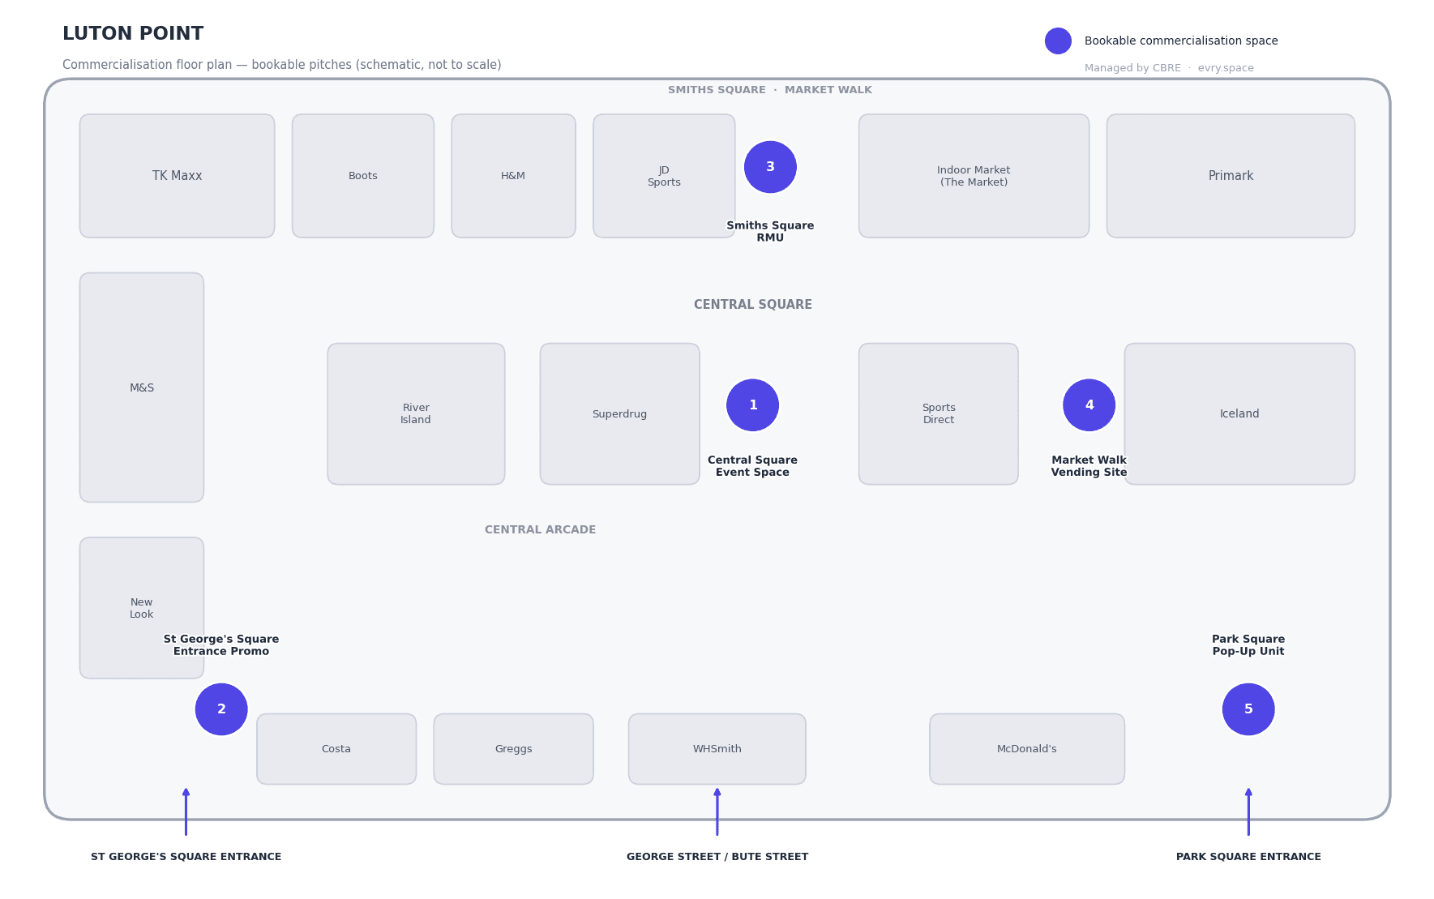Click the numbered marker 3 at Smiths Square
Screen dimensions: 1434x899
[x=770, y=167]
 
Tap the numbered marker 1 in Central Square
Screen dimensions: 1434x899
[x=752, y=405]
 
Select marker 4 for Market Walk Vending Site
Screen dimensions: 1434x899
[x=1089, y=405]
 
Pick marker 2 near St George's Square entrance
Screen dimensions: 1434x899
[x=221, y=709]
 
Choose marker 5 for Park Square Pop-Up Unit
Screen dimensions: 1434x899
[x=1248, y=709]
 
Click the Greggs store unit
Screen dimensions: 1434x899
[x=513, y=749]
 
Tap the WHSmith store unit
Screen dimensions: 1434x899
[x=717, y=749]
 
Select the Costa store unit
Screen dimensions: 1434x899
[x=336, y=749]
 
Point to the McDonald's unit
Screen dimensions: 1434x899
[x=1027, y=749]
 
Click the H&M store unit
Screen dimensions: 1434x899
[x=513, y=176]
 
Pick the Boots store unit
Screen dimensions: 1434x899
[x=363, y=176]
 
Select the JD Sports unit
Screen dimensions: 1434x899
[x=664, y=176]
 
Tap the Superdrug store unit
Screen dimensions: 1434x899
[x=619, y=414]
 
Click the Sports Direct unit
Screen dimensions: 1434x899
[x=939, y=414]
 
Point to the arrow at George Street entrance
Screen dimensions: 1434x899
[x=717, y=811]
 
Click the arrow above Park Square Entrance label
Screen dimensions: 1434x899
[x=1248, y=811]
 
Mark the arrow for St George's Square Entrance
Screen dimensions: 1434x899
[x=186, y=811]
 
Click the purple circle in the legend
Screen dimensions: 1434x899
[x=1058, y=41]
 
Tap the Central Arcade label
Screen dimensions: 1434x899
[x=540, y=530]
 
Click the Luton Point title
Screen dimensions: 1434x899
[x=133, y=34]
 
